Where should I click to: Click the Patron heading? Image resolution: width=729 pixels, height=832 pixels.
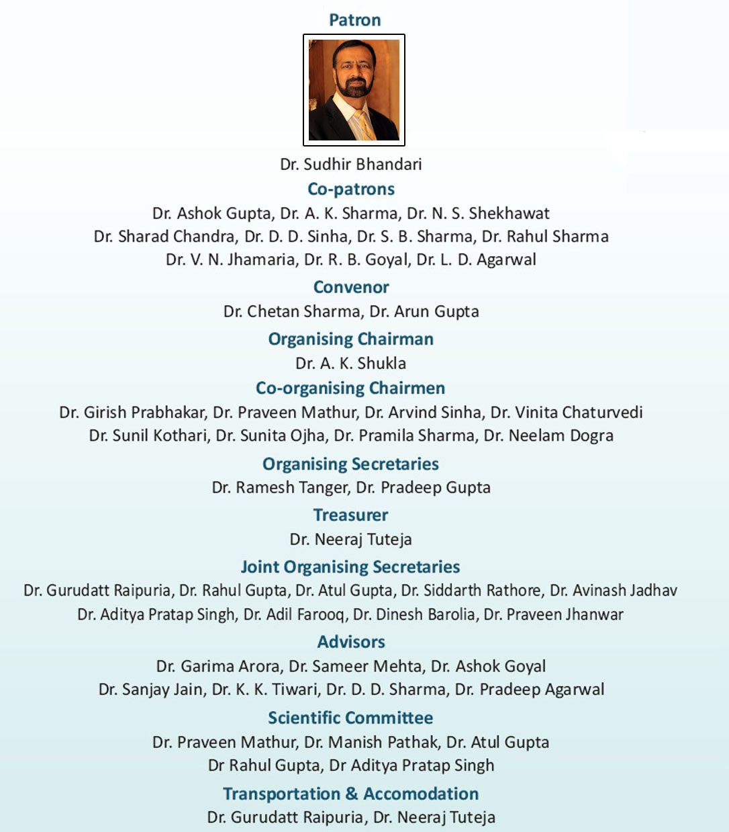click(x=354, y=20)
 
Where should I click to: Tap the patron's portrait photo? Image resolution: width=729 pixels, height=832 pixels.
click(x=354, y=90)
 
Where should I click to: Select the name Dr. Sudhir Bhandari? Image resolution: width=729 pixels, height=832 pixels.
click(x=351, y=164)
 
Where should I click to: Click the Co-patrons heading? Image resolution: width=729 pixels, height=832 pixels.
click(x=351, y=189)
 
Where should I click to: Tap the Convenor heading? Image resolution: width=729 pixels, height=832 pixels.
click(x=351, y=287)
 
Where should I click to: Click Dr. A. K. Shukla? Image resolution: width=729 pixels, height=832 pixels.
click(x=351, y=364)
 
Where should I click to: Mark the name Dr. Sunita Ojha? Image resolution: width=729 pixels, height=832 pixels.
click(x=271, y=435)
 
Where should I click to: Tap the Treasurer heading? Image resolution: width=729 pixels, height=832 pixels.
click(x=351, y=515)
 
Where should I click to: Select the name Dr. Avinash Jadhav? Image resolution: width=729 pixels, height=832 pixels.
click(x=614, y=591)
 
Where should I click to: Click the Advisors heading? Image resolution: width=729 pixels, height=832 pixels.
click(x=351, y=642)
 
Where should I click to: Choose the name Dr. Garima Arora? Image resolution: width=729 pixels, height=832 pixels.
click(x=218, y=666)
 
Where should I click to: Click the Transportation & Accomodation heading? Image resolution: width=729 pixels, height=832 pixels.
click(x=351, y=794)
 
